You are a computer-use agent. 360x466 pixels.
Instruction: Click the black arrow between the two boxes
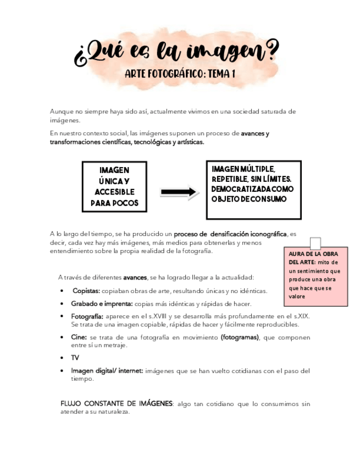pyautogui.click(x=179, y=192)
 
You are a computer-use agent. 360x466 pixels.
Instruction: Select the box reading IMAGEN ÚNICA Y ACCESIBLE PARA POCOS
pyautogui.click(x=114, y=187)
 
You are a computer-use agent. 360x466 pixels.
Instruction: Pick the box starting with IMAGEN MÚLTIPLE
pyautogui.click(x=253, y=190)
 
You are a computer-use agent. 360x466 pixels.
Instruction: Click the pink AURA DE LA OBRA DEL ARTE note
pyautogui.click(x=315, y=275)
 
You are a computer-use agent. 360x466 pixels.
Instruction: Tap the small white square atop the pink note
pyautogui.click(x=315, y=243)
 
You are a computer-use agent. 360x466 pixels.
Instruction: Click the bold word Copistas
pyautogui.click(x=86, y=291)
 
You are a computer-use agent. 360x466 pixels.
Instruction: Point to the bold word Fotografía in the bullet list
pyautogui.click(x=87, y=316)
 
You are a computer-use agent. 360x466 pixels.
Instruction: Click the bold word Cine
pyautogui.click(x=79, y=337)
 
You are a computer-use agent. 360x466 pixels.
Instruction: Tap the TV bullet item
pyautogui.click(x=75, y=358)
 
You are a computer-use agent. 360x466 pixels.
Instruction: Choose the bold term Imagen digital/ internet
pyautogui.click(x=107, y=371)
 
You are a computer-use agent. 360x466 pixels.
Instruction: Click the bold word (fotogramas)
pyautogui.click(x=240, y=337)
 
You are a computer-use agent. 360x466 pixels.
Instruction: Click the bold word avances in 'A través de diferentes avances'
pyautogui.click(x=135, y=277)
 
